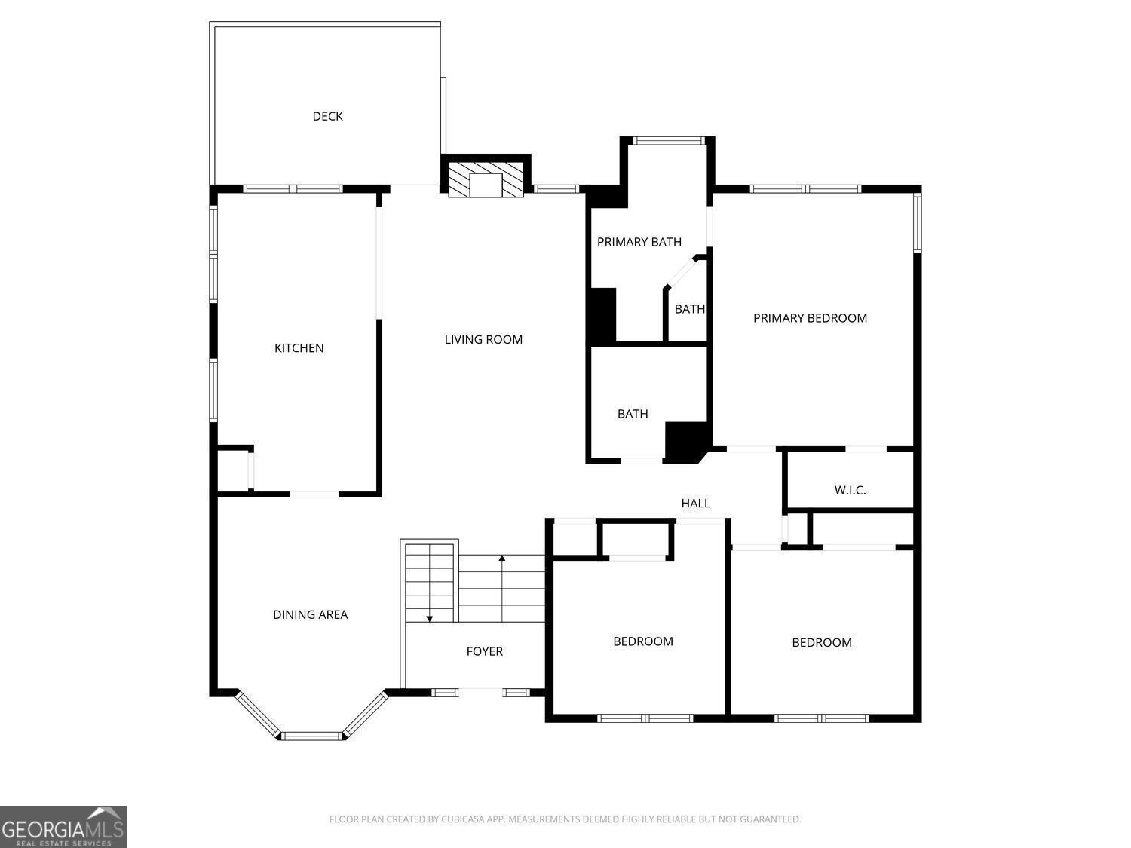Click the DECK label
[327, 116]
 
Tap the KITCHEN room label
[299, 348]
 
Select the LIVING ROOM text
[483, 340]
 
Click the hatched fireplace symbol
[486, 179]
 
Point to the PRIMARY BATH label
[639, 242]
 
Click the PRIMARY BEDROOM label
[810, 318]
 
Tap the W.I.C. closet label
[850, 491]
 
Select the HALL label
[695, 504]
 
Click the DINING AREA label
[310, 615]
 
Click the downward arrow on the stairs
[430, 617]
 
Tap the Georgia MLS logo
[63, 827]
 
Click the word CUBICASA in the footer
[461, 819]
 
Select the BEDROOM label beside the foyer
[642, 641]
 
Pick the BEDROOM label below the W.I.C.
[821, 643]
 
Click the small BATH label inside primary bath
[689, 309]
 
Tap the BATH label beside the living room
[633, 414]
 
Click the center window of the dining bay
[312, 736]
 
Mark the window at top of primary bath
[668, 140]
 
